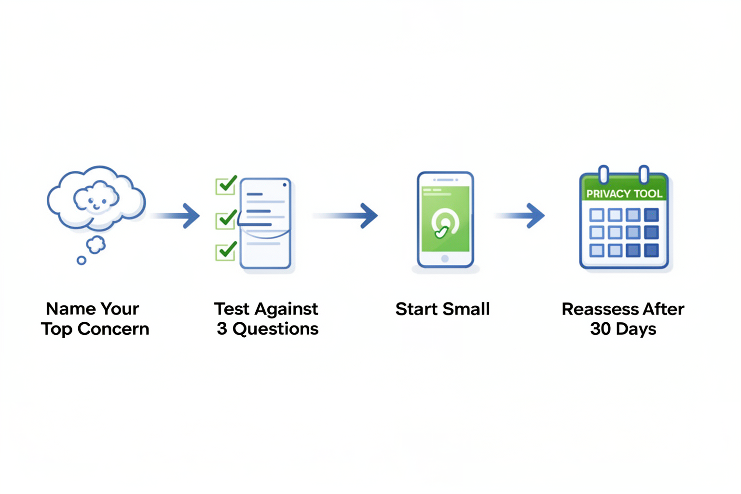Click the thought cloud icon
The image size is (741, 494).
pyautogui.click(x=96, y=199)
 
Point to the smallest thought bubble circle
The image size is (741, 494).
pyautogui.click(x=82, y=261)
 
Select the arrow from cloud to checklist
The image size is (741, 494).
pyautogui.click(x=175, y=216)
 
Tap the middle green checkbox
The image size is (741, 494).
pyautogui.click(x=226, y=220)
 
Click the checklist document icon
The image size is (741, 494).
pyautogui.click(x=265, y=223)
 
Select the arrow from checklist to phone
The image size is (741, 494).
pyautogui.click(x=345, y=216)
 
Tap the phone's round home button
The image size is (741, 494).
pyautogui.click(x=445, y=259)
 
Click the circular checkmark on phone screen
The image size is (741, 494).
pyautogui.click(x=445, y=223)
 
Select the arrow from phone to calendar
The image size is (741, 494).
pyautogui.click(x=520, y=216)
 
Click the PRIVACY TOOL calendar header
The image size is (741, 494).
pyautogui.click(x=624, y=193)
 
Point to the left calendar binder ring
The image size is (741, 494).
pyautogui.click(x=604, y=174)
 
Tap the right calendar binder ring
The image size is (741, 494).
pyautogui.click(x=644, y=174)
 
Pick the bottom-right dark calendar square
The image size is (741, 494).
pyautogui.click(x=651, y=250)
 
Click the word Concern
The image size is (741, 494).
pyautogui.click(x=113, y=329)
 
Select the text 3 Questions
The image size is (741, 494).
pyautogui.click(x=268, y=329)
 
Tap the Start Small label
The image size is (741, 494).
pyautogui.click(x=442, y=309)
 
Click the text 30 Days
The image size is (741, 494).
pyautogui.click(x=623, y=329)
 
